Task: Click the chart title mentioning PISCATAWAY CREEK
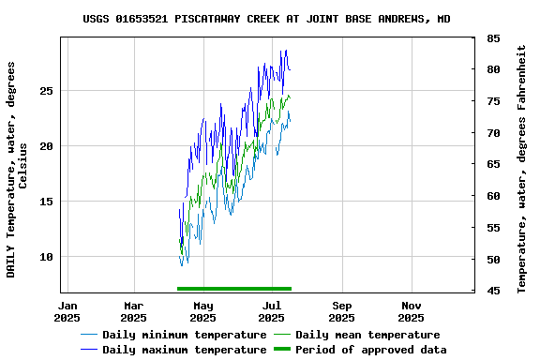266,19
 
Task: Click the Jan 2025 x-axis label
67,311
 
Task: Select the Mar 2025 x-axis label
134,311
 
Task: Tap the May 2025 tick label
203,311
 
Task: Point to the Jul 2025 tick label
273,311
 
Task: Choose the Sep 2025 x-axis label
342,311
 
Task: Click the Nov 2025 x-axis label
412,311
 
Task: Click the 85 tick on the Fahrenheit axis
493,38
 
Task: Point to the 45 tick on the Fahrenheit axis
493,291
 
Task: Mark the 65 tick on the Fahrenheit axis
493,165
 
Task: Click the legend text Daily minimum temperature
185,335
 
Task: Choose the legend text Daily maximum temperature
185,350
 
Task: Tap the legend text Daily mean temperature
367,335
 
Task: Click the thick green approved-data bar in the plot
234,289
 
